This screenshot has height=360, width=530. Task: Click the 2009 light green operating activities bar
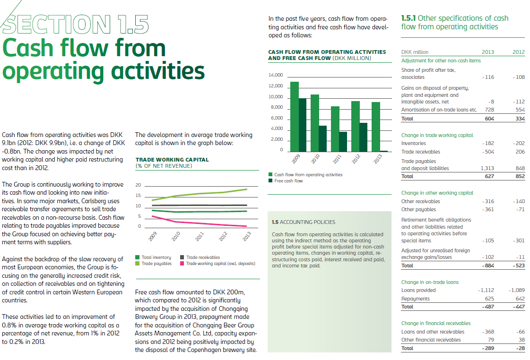pos(294,116)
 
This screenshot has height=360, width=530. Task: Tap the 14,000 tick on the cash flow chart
pos(275,75)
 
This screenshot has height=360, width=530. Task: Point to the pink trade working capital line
pos(199,223)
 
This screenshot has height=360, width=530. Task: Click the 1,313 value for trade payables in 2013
pos(487,168)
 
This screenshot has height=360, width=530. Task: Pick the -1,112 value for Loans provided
pos(486,290)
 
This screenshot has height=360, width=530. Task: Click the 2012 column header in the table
pos(518,52)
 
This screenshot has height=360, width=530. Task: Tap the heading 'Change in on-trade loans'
pos(430,282)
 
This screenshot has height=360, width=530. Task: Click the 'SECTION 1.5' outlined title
pos(76,24)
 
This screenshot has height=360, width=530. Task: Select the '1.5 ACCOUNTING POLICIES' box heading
pos(304,222)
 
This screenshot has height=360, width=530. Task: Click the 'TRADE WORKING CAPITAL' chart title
pos(172,160)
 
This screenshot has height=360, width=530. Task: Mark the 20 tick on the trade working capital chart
pos(138,185)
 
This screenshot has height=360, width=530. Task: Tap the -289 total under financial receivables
pos(487,348)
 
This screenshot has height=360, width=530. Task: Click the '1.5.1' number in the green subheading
pos(409,18)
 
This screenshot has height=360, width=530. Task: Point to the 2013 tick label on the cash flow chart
pos(377,159)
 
